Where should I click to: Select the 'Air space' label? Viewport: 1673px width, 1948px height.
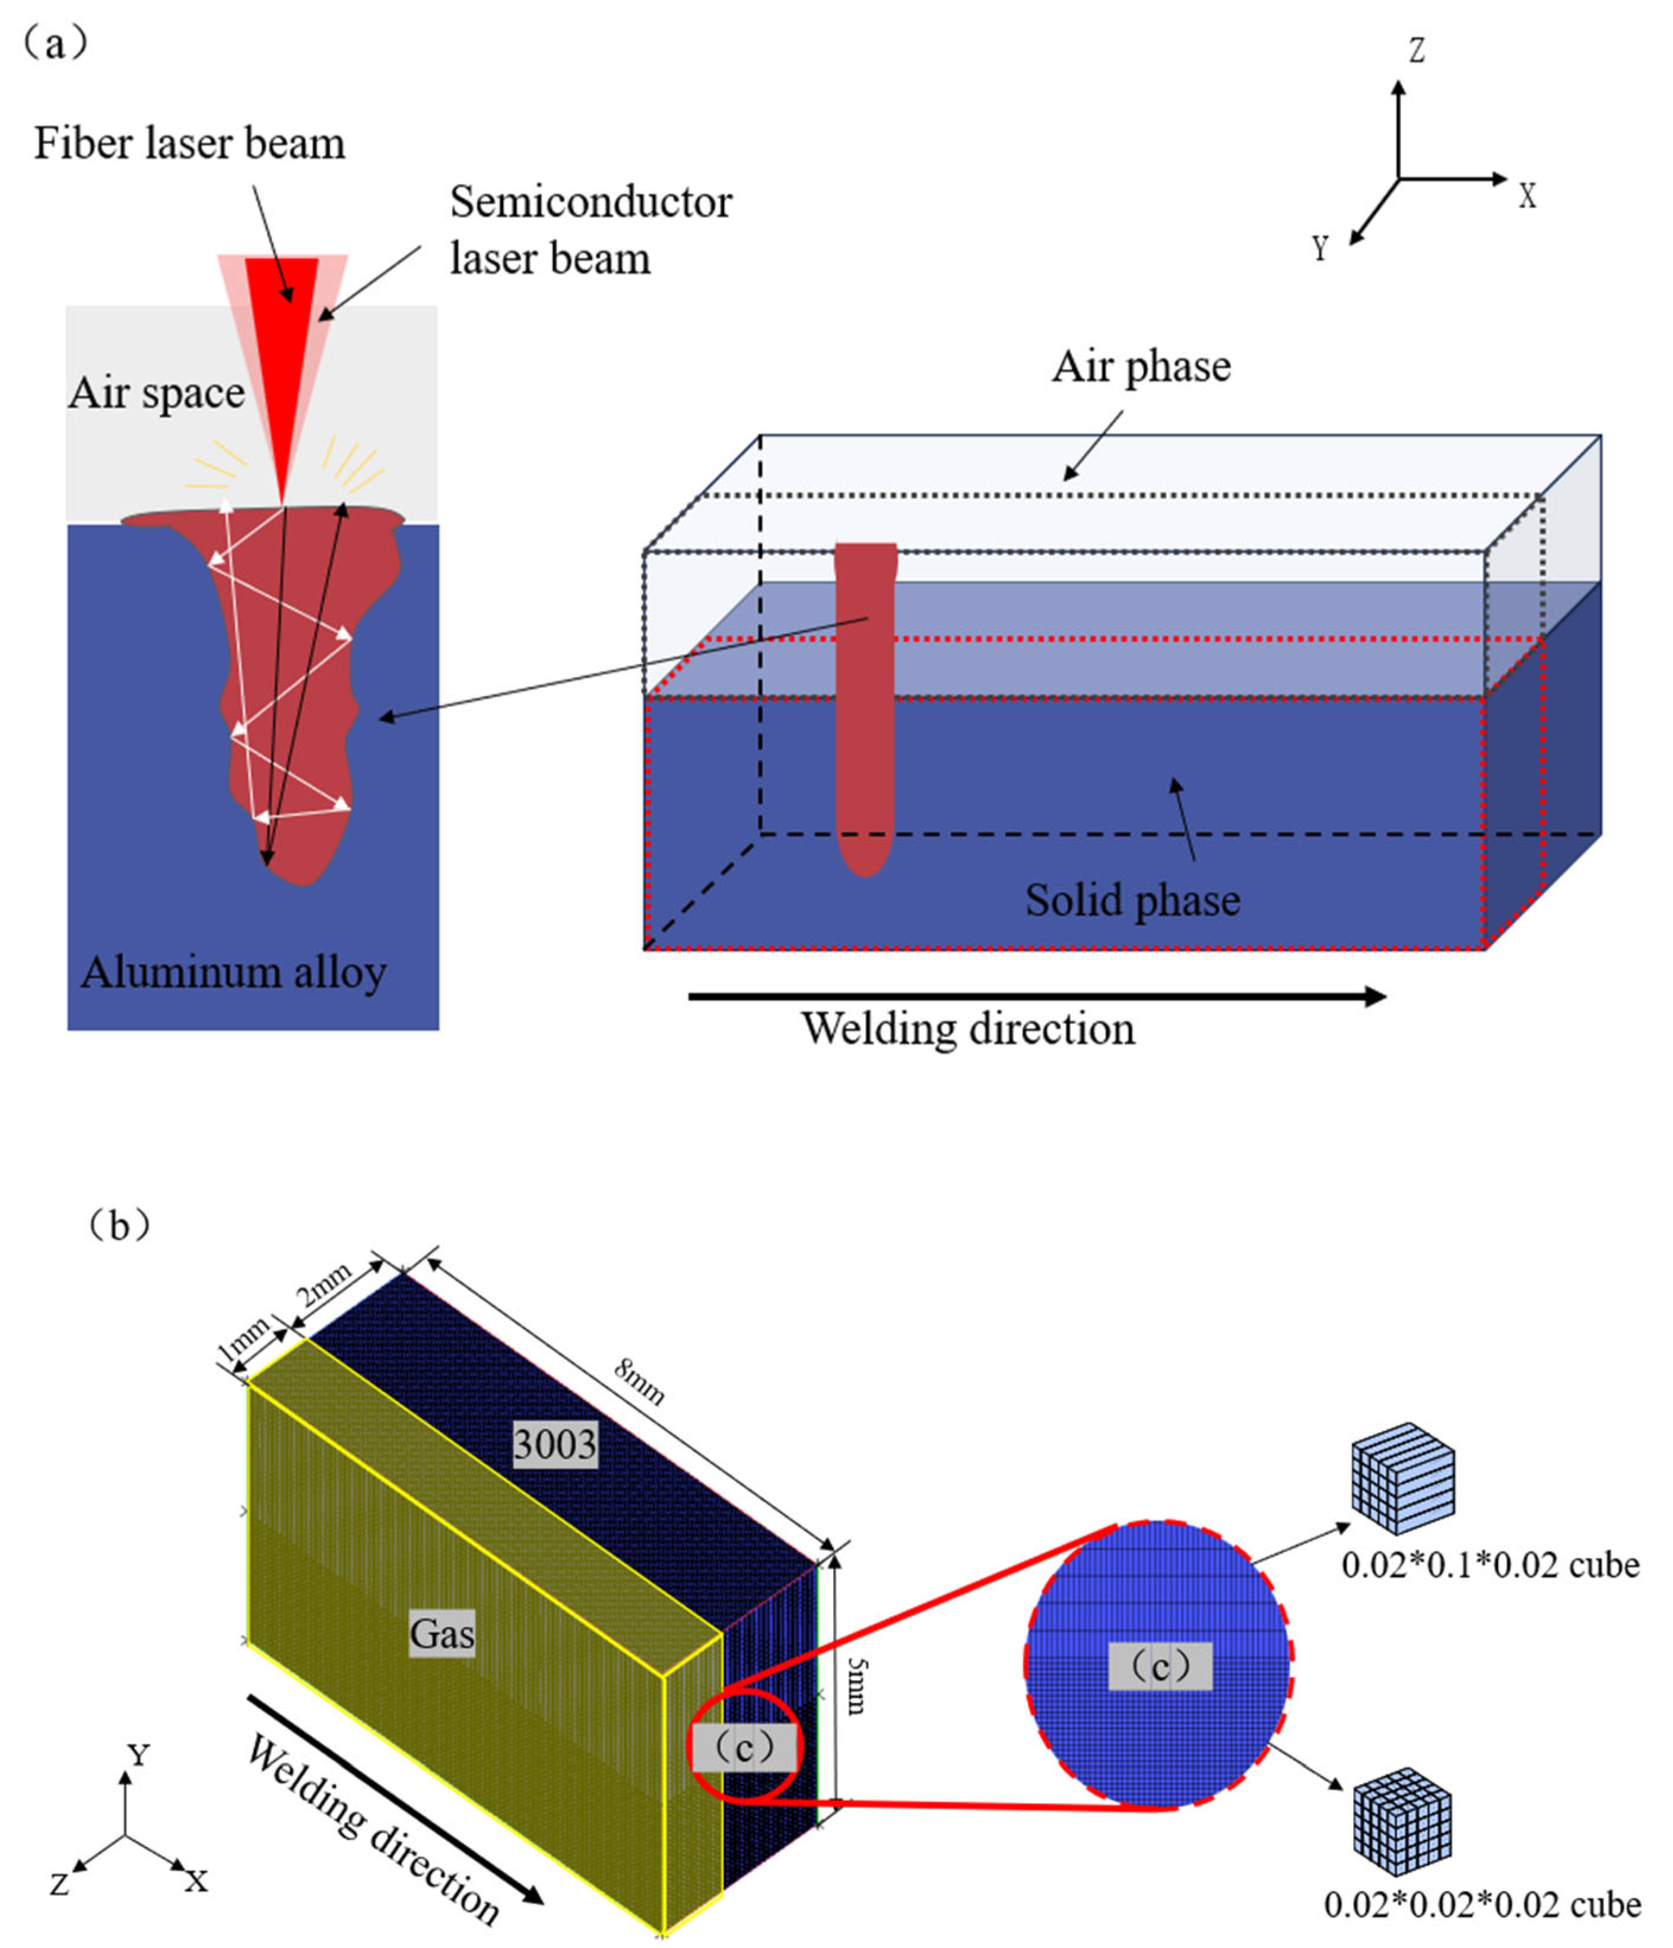(156, 392)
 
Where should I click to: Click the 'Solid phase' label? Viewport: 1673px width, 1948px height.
(1132, 900)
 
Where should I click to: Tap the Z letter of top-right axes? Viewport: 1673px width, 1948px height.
(1415, 50)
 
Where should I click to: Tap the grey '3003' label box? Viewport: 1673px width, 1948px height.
(554, 1443)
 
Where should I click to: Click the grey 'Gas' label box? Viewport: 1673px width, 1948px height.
(442, 1634)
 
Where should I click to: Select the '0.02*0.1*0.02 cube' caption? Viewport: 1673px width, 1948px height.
(1490, 1565)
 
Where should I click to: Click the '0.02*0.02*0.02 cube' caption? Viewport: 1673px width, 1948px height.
(1482, 1904)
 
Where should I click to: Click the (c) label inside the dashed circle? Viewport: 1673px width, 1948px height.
(1159, 1666)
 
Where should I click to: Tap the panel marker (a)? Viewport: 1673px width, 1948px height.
(55, 42)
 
